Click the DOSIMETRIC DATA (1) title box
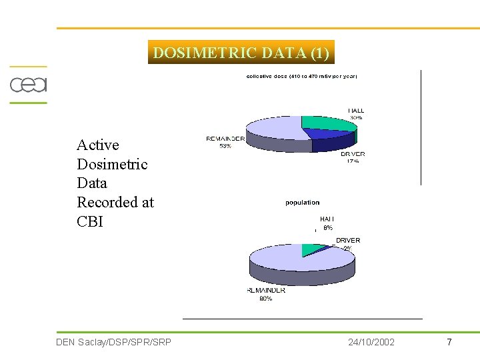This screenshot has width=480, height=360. (x=241, y=53)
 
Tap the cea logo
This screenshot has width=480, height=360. (x=28, y=85)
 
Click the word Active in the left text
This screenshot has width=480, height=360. (x=98, y=145)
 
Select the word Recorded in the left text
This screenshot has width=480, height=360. (x=115, y=203)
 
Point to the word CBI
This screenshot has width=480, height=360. (x=90, y=222)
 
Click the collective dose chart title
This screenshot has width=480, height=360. (x=301, y=76)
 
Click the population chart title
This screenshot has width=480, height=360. (x=303, y=203)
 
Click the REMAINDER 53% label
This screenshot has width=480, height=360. (x=225, y=143)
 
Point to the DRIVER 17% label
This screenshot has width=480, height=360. (x=353, y=157)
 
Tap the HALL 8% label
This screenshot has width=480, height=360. (x=327, y=223)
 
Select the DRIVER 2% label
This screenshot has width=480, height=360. (x=347, y=243)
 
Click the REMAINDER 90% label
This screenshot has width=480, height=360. (x=266, y=294)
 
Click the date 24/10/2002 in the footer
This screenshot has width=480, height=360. (x=371, y=342)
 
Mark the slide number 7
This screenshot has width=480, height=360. (x=449, y=342)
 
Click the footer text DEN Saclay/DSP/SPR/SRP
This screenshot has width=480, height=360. (x=114, y=342)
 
